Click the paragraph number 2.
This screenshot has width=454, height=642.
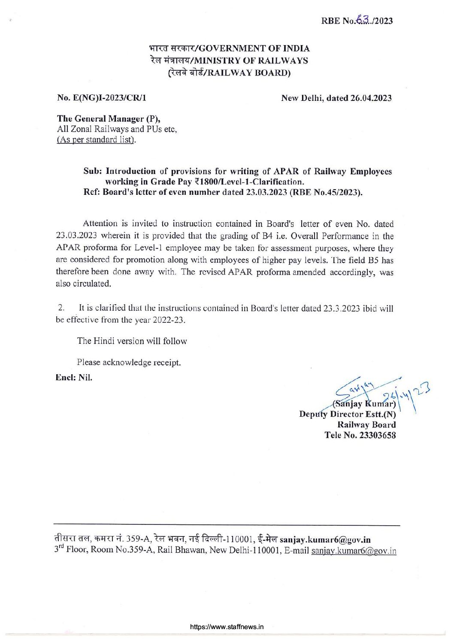pyautogui.click(x=61, y=308)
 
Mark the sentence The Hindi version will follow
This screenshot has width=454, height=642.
pyautogui.click(x=132, y=341)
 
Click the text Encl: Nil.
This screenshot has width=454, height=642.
pyautogui.click(x=74, y=378)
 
